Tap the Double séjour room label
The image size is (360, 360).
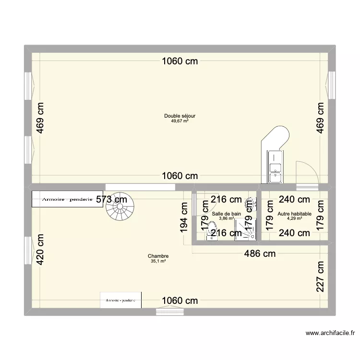pos(180,116)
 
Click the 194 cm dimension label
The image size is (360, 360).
pos(184,217)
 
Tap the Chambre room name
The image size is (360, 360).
pos(158,256)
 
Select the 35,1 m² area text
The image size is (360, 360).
pos(158,262)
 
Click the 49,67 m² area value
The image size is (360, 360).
pos(180,121)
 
